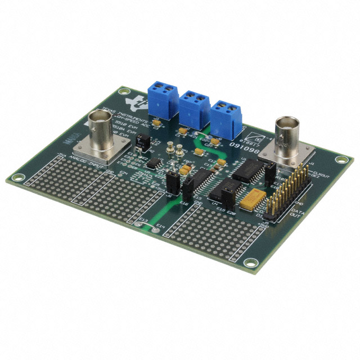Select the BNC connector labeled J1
pyautogui.click(x=287, y=134)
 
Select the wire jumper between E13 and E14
pyautogui.click(x=147, y=228)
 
